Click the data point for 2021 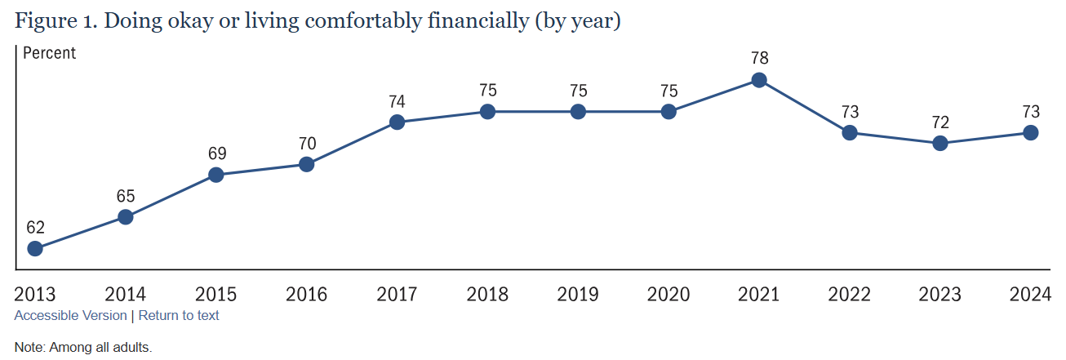tap(759, 80)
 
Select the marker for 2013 tap(35, 248)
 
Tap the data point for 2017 tap(397, 122)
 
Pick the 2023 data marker tap(940, 143)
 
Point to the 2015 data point tap(216, 175)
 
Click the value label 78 tap(759, 59)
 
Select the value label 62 tap(35, 227)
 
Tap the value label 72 tap(940, 122)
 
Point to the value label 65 tap(126, 196)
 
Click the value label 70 tap(306, 144)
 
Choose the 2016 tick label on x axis tap(306, 295)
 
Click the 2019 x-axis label tap(578, 295)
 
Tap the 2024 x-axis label tap(1030, 295)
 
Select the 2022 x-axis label tap(850, 295)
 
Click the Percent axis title tap(49, 53)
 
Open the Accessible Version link tap(71, 315)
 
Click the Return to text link tap(179, 315)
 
